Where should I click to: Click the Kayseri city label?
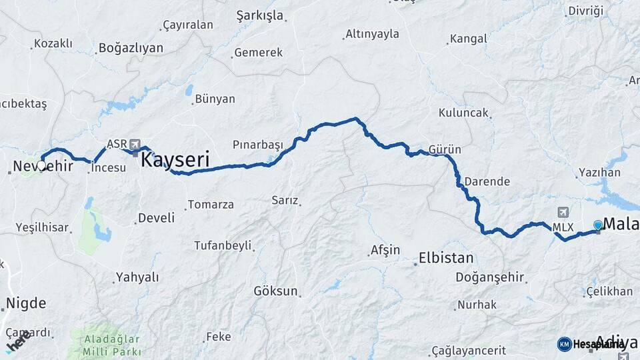(x=175, y=160)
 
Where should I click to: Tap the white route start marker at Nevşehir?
(x=41, y=165)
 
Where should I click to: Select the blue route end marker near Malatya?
(x=598, y=225)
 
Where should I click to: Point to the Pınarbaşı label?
(x=258, y=145)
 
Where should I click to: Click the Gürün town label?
(x=445, y=149)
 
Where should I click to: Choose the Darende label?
(x=487, y=181)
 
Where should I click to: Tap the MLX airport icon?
(x=563, y=213)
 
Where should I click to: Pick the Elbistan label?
(x=446, y=258)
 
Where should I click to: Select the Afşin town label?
(x=385, y=251)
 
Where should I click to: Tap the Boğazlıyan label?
(x=131, y=48)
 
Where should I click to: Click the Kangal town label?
(x=469, y=39)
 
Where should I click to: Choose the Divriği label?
(x=585, y=11)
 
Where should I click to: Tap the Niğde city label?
(x=26, y=304)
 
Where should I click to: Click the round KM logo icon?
(x=564, y=344)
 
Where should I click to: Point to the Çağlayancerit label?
(x=469, y=351)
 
